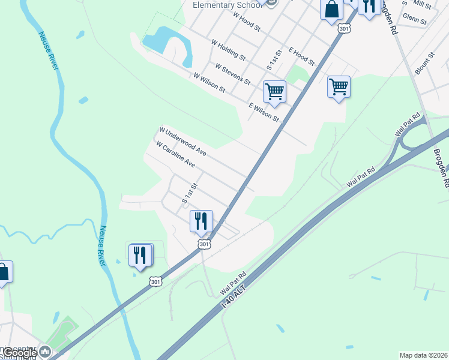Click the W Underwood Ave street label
tap(182, 142)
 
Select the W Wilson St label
tap(209, 83)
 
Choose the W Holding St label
tap(228, 50)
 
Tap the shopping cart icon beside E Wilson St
tap(274, 92)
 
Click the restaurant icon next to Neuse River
tap(140, 255)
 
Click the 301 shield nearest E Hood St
tap(343, 28)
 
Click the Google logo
tap(20, 353)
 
